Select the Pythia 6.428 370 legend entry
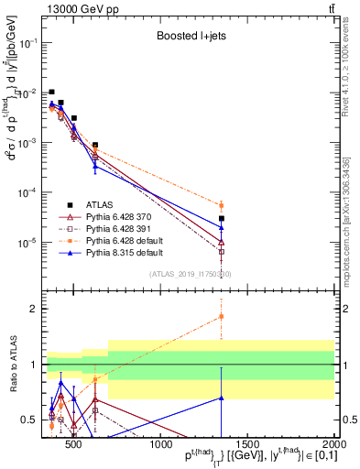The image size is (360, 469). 125,217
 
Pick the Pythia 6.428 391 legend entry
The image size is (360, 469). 125,229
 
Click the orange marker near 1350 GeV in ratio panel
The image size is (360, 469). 221,317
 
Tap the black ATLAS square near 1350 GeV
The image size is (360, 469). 222,218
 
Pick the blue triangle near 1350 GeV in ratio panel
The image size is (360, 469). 221,398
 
